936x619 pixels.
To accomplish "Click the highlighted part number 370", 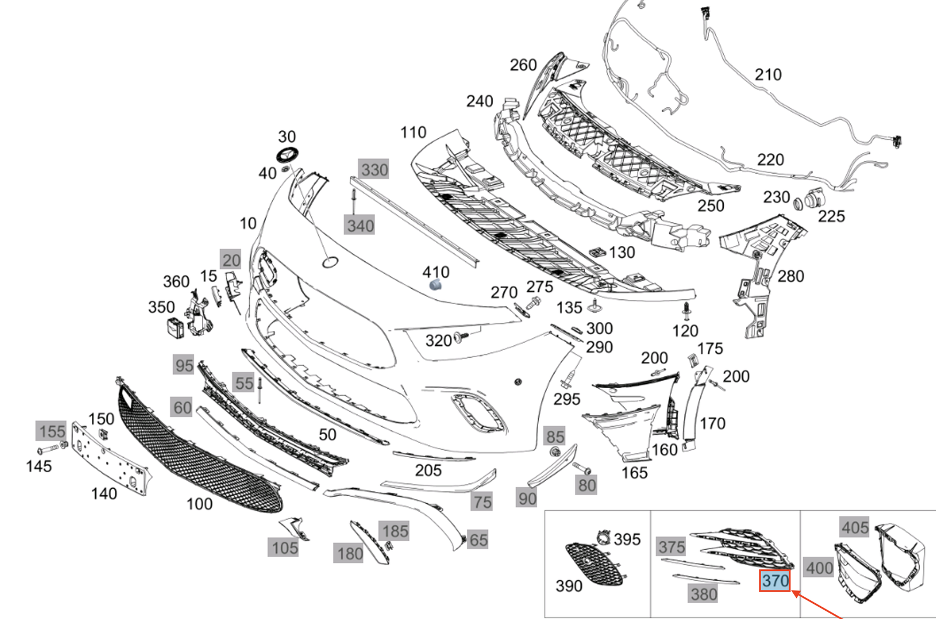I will tap(775, 581).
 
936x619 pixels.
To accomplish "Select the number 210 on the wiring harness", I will tap(768, 75).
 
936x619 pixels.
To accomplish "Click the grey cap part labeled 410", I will tap(435, 285).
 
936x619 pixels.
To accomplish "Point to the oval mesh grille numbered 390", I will tap(594, 564).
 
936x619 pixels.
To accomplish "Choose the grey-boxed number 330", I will tap(374, 170).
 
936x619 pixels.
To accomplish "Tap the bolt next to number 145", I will tap(47, 451).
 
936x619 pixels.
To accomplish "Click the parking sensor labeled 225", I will tap(815, 200).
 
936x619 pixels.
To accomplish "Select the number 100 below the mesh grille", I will tap(199, 504).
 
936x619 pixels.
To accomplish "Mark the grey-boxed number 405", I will tap(855, 528).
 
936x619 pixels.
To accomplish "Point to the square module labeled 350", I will tap(175, 328).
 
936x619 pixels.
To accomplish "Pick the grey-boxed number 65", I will tap(478, 540).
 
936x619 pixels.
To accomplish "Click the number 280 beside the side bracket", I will tap(790, 276).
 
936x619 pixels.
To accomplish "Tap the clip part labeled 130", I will tap(597, 253).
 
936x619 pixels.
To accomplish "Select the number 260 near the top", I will tap(523, 65).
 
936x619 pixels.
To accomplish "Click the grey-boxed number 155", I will tap(52, 431).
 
